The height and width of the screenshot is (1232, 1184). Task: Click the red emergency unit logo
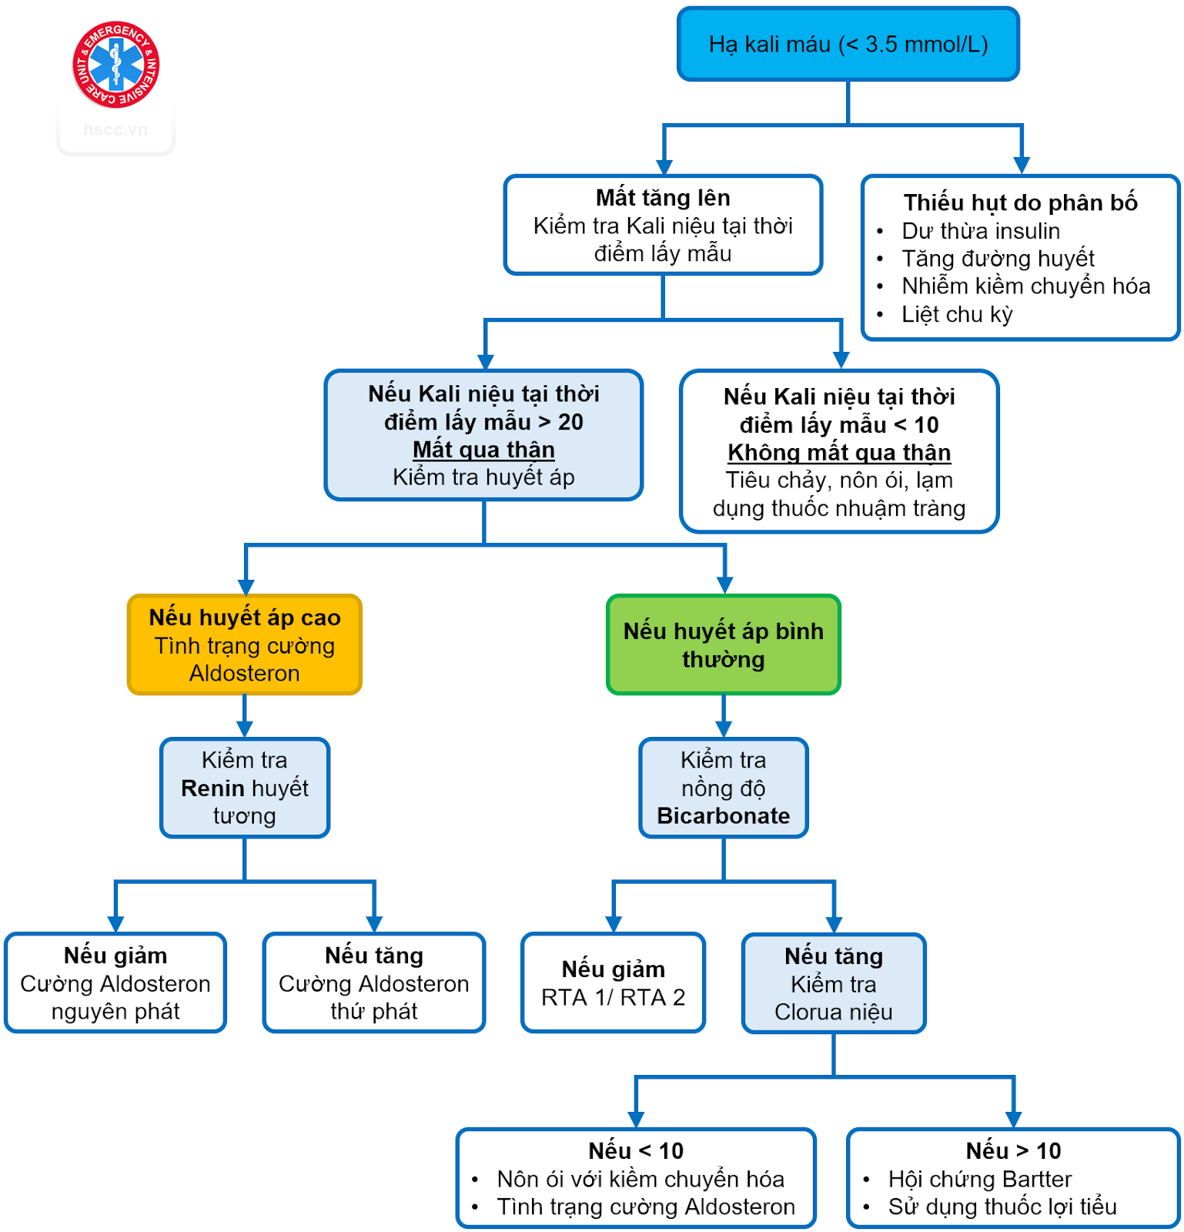(x=115, y=65)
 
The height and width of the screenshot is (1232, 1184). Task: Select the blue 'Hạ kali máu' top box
(x=848, y=45)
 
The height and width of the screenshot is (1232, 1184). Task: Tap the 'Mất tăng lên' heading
(x=663, y=198)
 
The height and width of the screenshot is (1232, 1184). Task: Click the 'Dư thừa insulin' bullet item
(x=981, y=231)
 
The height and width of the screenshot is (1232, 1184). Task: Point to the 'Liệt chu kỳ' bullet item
(x=957, y=314)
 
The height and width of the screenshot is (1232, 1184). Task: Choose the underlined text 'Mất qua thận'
(x=483, y=450)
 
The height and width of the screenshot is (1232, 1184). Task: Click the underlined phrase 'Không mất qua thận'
(x=839, y=453)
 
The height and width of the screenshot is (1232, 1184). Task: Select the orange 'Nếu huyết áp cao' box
(x=245, y=644)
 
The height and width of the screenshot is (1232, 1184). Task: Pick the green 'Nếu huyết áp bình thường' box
(x=723, y=644)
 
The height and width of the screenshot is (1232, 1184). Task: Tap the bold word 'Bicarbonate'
(x=723, y=816)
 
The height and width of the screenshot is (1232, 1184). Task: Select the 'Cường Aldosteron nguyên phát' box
(x=115, y=983)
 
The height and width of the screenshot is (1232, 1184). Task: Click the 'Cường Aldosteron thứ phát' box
(x=374, y=983)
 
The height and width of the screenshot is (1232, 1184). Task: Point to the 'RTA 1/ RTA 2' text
(x=613, y=998)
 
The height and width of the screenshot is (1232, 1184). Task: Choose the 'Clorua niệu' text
(x=833, y=1012)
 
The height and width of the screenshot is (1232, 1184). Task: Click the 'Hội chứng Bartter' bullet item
(x=979, y=1179)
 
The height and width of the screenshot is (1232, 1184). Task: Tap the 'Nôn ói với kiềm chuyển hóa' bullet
(x=640, y=1179)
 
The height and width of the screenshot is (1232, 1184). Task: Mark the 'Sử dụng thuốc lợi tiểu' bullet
(x=1002, y=1207)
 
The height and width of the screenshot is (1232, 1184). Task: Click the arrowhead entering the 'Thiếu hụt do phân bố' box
(x=1022, y=165)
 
